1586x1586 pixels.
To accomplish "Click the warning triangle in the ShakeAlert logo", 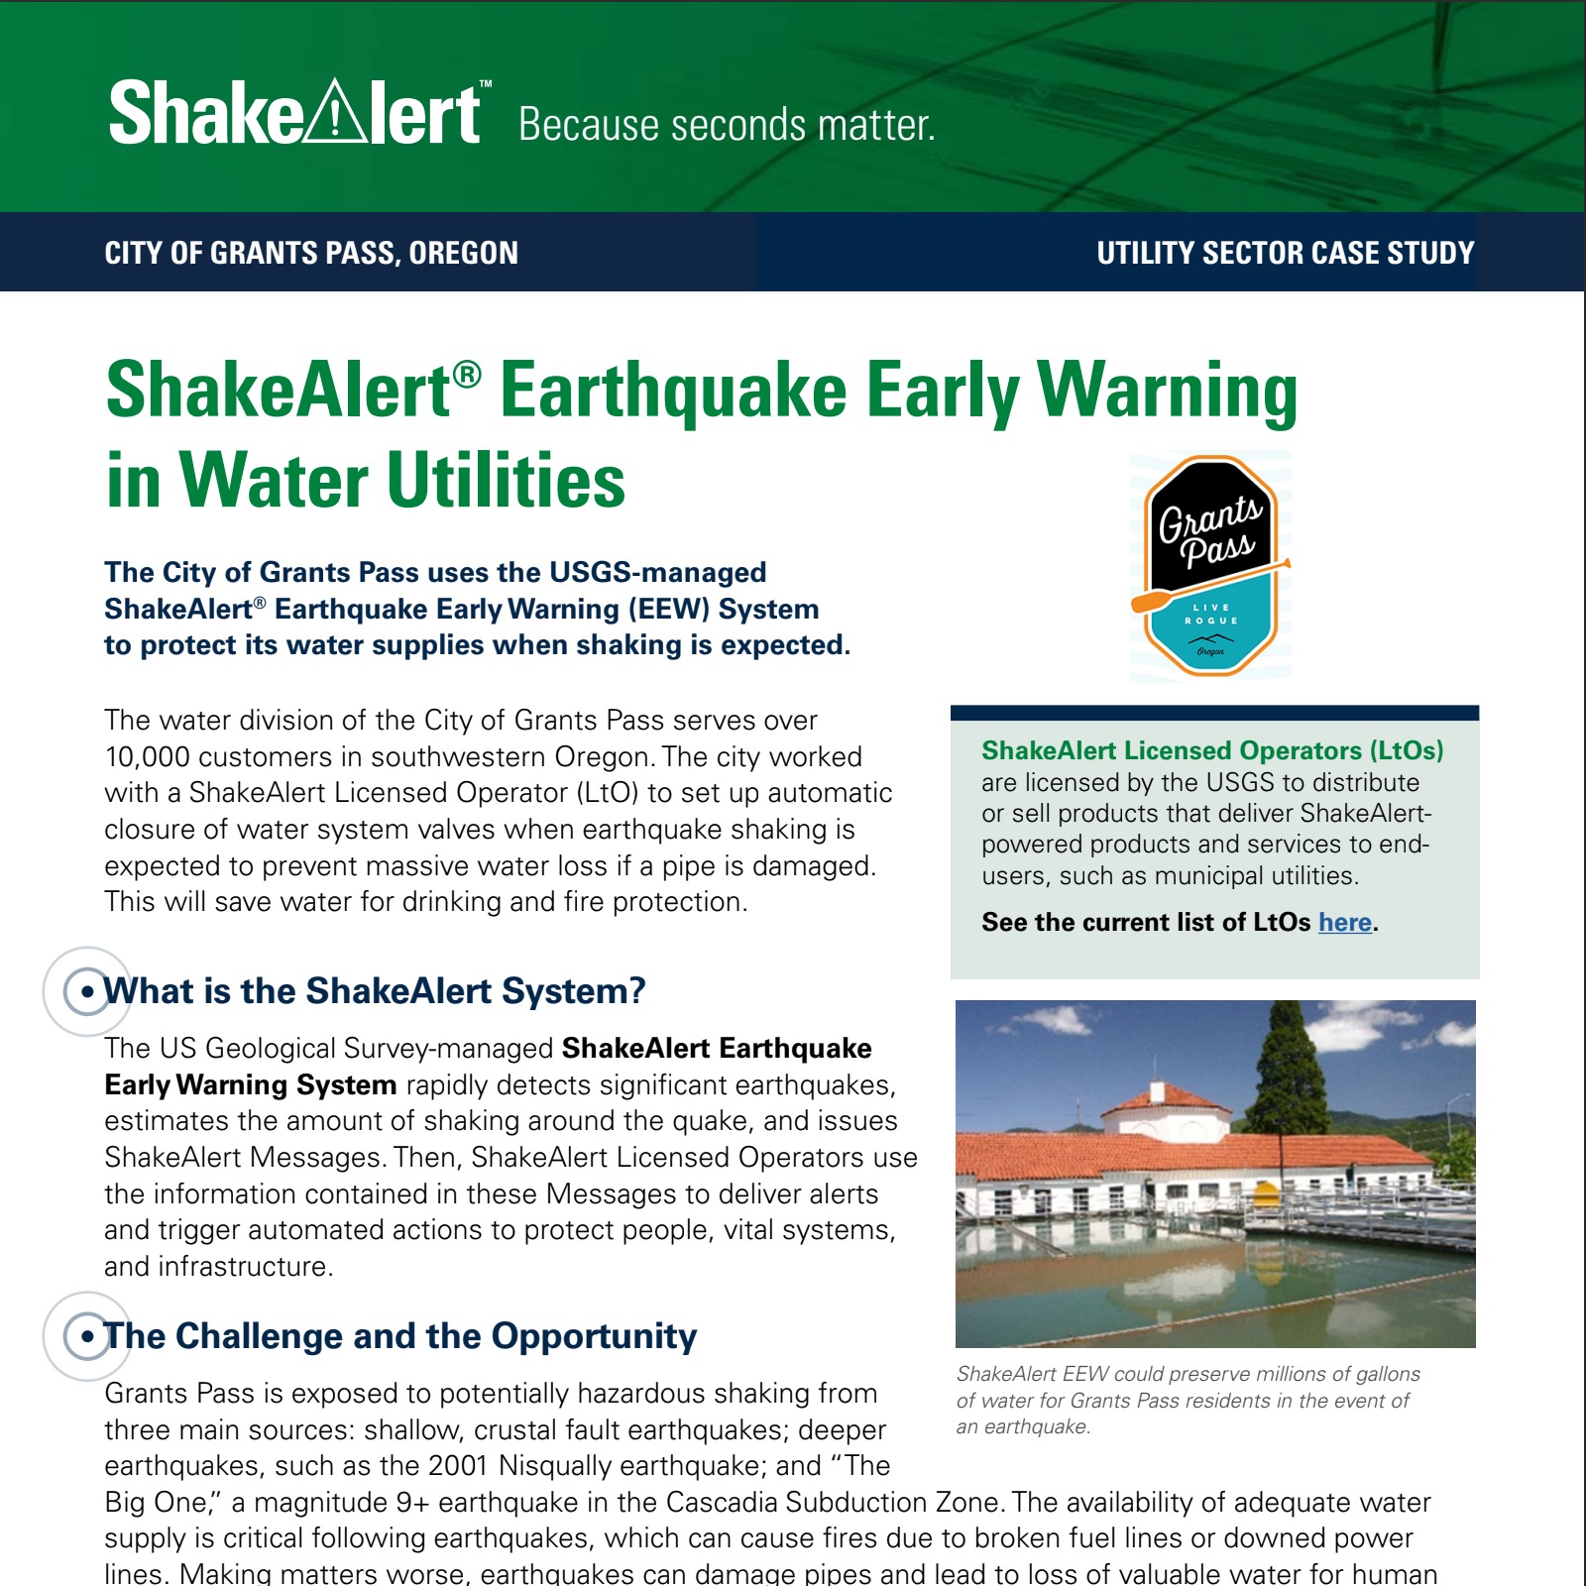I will coord(335,114).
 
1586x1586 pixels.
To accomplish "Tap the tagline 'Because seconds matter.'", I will coord(727,126).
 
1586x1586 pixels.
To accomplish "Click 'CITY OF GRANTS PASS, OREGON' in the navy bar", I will coord(311,253).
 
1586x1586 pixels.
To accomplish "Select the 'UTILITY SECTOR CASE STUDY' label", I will coord(1285,253).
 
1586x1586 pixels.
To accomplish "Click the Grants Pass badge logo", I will coord(1210,566).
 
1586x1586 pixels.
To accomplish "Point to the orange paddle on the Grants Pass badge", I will coord(1156,600).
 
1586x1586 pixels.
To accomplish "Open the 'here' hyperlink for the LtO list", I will coord(1344,922).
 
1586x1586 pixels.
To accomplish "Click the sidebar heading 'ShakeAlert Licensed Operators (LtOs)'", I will coord(1211,750).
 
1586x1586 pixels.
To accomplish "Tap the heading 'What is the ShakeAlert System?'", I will coord(375,990).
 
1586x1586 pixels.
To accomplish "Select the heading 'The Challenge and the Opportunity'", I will coord(400,1335).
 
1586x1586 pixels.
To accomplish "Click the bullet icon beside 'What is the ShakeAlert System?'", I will coord(87,990).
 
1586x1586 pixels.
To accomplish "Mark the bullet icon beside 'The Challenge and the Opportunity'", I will coord(87,1335).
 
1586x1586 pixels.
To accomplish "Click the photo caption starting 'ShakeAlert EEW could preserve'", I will coord(1188,1400).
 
